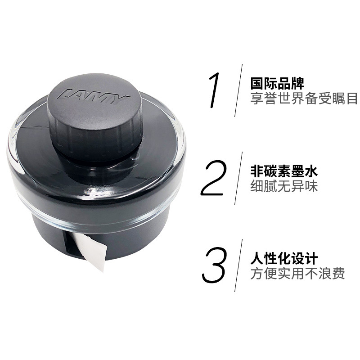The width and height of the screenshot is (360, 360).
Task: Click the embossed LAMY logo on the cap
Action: click(x=94, y=94)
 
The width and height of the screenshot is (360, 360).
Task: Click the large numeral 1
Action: click(x=214, y=90)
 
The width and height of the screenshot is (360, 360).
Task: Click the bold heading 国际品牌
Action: click(x=277, y=84)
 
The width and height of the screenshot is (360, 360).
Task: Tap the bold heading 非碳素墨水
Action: click(x=284, y=171)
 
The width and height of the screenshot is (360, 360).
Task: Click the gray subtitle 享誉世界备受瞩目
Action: click(x=304, y=98)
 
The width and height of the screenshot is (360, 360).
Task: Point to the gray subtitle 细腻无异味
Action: click(x=284, y=186)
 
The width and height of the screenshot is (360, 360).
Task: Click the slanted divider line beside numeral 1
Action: click(x=238, y=90)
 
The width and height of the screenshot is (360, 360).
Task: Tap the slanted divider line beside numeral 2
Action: click(x=238, y=178)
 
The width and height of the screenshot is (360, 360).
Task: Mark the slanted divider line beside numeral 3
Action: click(x=238, y=265)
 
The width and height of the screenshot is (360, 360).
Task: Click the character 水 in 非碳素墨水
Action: click(x=311, y=171)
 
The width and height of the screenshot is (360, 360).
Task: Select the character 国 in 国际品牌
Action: click(x=256, y=84)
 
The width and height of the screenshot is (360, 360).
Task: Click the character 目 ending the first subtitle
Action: click(x=352, y=98)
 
